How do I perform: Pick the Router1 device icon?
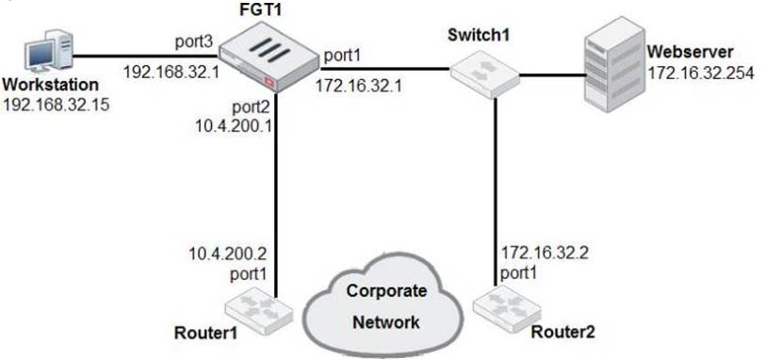(254, 305)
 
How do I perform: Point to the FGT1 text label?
(265, 9)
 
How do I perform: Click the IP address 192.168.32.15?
(56, 104)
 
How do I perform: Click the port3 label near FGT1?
(193, 42)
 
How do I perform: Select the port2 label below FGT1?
(250, 106)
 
